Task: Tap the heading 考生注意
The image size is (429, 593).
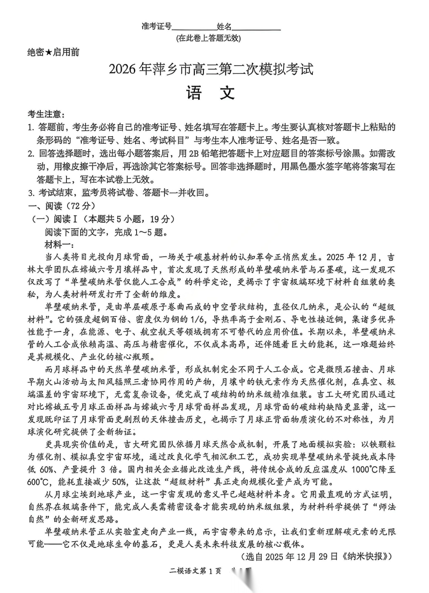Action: click(x=45, y=115)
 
